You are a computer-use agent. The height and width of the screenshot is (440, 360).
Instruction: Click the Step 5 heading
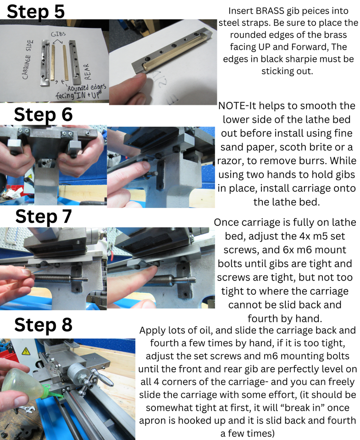point(36,11)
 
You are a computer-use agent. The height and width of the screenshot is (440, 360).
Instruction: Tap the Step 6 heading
point(43,114)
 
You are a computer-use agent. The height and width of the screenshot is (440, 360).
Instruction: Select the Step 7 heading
point(44,216)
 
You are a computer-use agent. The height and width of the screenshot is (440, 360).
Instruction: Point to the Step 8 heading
point(43,324)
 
